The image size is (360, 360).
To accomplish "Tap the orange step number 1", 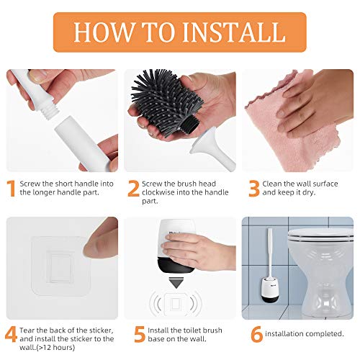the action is pyautogui.click(x=12, y=188).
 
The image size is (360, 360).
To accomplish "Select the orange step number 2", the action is pyautogui.click(x=133, y=188).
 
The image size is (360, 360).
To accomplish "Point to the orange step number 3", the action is pyautogui.click(x=254, y=188).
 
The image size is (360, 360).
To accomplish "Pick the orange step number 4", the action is pyautogui.click(x=11, y=334).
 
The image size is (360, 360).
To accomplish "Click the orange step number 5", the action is pyautogui.click(x=140, y=334).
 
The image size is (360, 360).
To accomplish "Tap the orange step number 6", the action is pyautogui.click(x=256, y=334).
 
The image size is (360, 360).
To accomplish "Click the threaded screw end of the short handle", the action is pyautogui.click(x=48, y=110).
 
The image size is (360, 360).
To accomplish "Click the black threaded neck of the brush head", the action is pyautogui.click(x=190, y=124).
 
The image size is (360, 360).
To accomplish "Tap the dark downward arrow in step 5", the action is pyautogui.click(x=176, y=283).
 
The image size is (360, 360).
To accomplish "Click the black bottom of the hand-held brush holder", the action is pyautogui.click(x=175, y=266).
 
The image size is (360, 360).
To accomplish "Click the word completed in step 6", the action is pyautogui.click(x=325, y=334).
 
